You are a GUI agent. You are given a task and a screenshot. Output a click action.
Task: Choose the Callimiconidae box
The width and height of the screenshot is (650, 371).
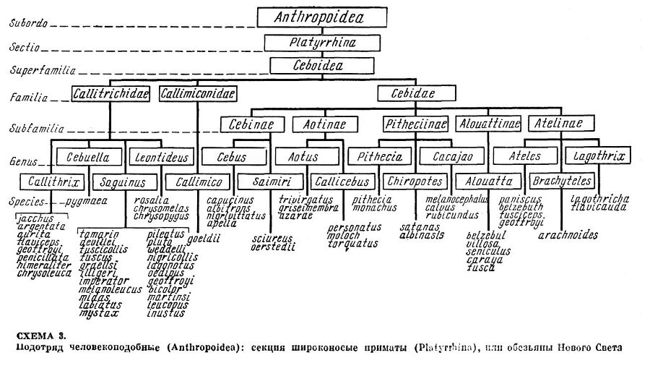point(197,93)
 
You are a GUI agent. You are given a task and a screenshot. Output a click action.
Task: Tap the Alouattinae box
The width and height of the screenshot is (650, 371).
point(488,124)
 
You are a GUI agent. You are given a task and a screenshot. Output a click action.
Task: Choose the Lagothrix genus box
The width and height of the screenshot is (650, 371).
point(599,156)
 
